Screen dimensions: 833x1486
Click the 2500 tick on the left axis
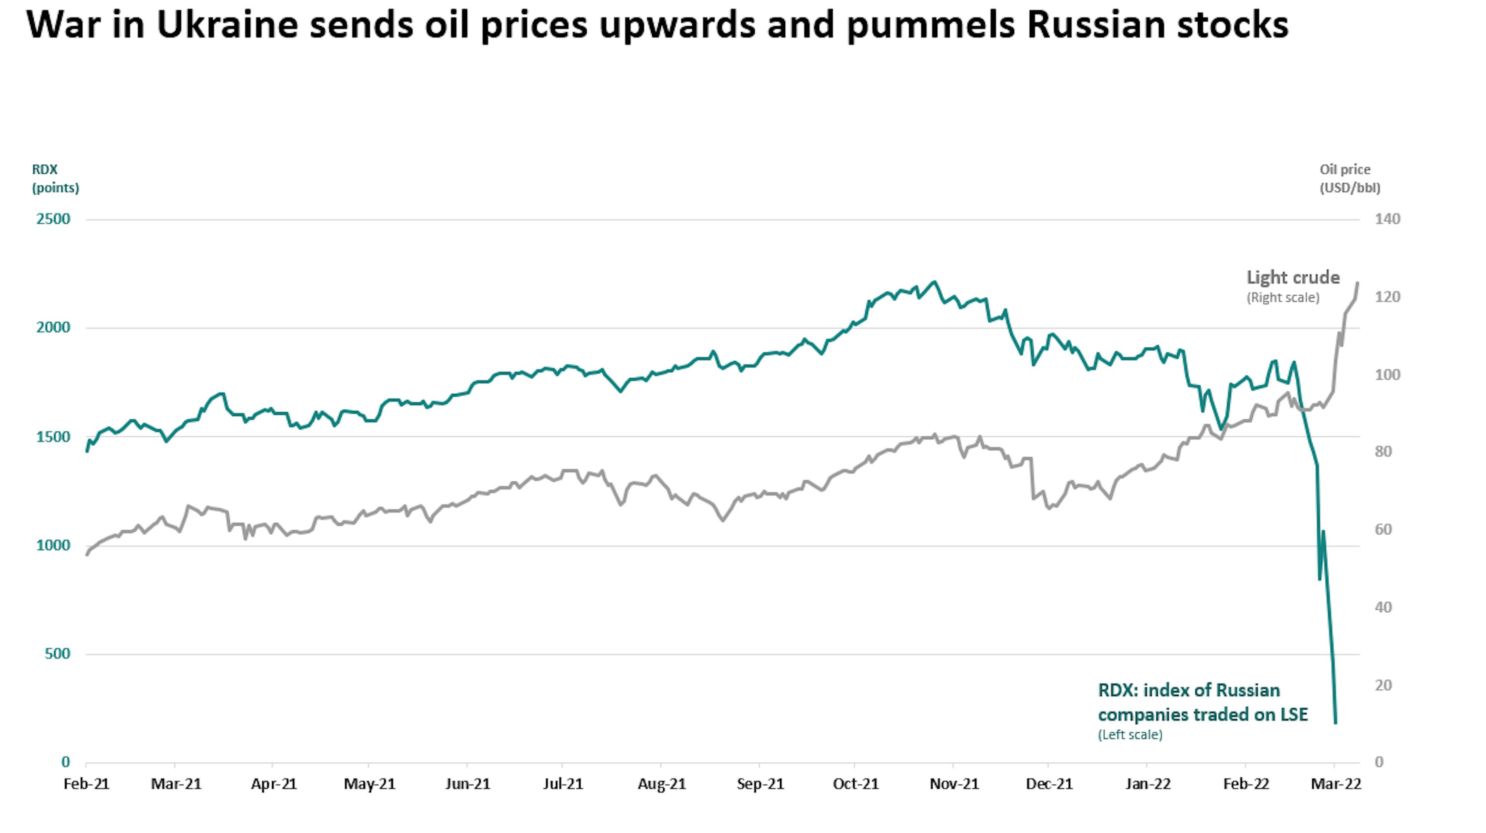53,219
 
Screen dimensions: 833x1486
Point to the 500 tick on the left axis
57,653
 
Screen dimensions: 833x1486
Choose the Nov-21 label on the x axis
954,784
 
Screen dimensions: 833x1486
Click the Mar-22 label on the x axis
1336,784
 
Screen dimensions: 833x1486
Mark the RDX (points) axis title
55,178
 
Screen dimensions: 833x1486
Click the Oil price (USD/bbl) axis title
1350,178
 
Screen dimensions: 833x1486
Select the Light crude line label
1293,277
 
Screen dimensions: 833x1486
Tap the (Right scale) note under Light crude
1282,298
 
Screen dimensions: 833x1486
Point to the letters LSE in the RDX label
1292,714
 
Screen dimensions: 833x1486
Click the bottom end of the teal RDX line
1335,722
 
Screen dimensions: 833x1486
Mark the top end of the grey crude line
1358,283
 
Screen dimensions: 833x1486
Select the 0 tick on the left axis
66,762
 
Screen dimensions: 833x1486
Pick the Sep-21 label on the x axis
760,784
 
